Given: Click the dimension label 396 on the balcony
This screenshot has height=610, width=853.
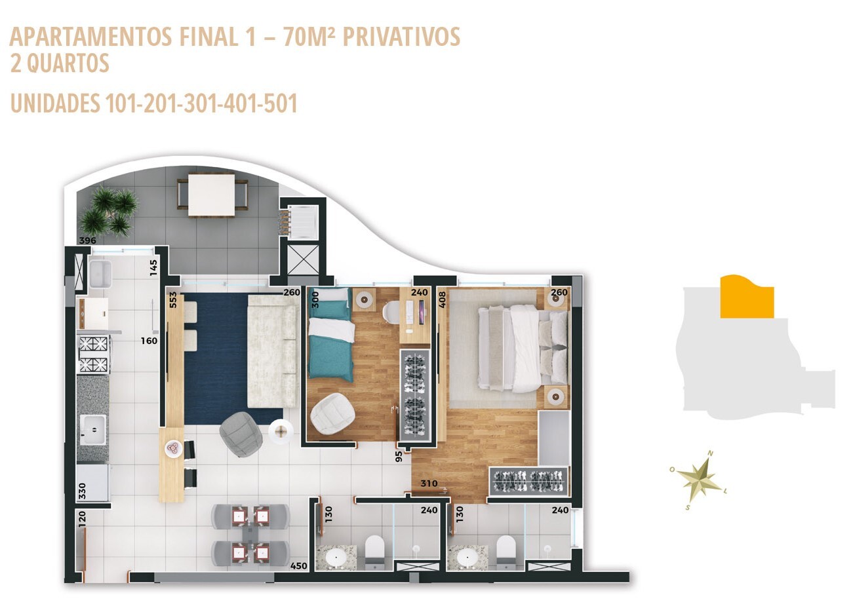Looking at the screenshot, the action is click(88, 240).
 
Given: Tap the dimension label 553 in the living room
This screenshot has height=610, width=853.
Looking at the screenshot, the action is click(173, 299).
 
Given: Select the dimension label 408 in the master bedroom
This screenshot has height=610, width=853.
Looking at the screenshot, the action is click(442, 299).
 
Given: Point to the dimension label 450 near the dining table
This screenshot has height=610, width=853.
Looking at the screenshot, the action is click(298, 566).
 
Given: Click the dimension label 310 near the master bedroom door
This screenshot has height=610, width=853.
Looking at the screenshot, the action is click(429, 484).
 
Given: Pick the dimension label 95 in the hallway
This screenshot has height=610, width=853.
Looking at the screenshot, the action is click(399, 456).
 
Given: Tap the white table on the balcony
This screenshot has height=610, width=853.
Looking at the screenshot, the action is click(211, 195).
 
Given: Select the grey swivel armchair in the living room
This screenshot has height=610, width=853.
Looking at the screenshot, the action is click(241, 434).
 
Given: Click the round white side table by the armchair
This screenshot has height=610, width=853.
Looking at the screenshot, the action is click(281, 432).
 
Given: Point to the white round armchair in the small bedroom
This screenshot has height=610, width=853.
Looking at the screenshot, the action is click(332, 413).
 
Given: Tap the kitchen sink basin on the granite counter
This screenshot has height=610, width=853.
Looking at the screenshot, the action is click(94, 429).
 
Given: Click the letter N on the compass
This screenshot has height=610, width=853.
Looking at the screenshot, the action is click(711, 453).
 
